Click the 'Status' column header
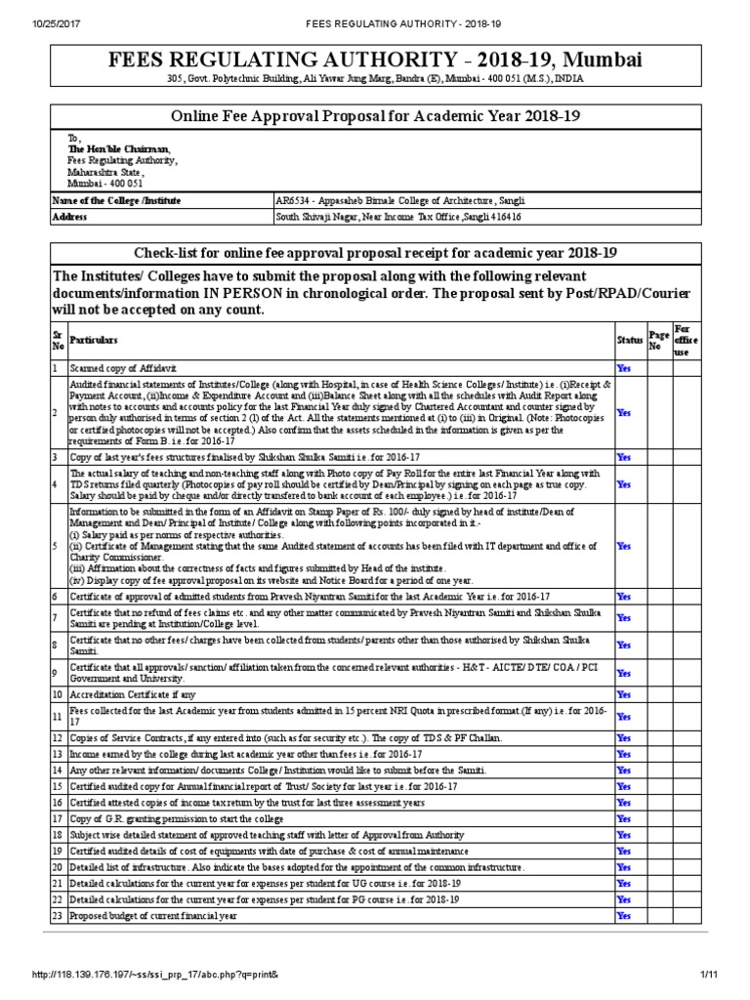click(x=628, y=340)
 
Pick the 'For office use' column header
click(x=685, y=340)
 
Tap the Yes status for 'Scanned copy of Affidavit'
click(x=624, y=368)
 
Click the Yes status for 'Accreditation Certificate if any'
click(x=624, y=693)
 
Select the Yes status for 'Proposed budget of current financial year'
click(x=624, y=916)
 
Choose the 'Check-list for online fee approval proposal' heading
click(x=375, y=252)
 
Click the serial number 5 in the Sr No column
click(x=56, y=547)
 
